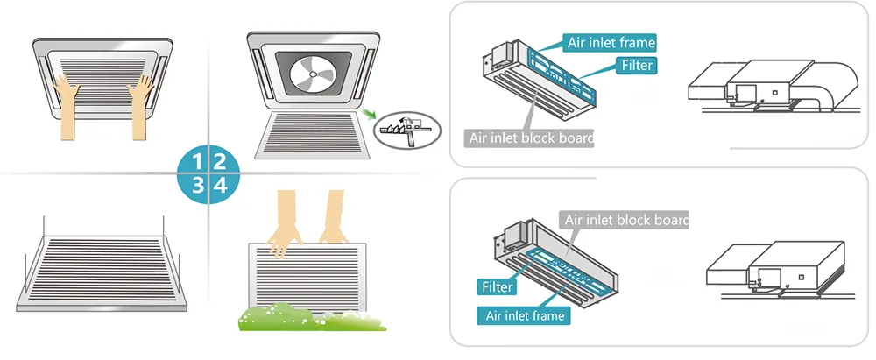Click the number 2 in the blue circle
tap(221, 160)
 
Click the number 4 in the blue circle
tap(221, 185)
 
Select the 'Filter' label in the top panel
tap(637, 65)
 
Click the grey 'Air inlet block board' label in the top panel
tap(528, 138)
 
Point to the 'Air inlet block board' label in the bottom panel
tap(624, 219)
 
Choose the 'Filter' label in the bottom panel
tap(496, 286)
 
